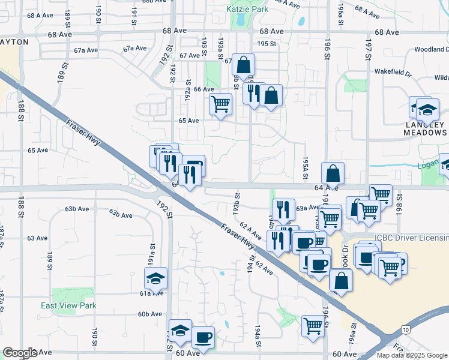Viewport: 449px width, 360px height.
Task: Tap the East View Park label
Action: pyautogui.click(x=68, y=305)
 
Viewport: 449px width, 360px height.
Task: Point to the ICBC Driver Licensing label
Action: pyautogui.click(x=411, y=238)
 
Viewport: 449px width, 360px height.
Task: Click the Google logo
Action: pyautogui.click(x=20, y=353)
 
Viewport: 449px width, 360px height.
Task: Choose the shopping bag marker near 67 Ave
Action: pyautogui.click(x=243, y=65)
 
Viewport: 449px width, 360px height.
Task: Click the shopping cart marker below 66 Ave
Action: pyautogui.click(x=220, y=104)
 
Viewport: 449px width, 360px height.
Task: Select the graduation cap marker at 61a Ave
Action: pyautogui.click(x=155, y=278)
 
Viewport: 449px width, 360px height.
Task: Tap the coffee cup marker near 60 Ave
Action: pyautogui.click(x=202, y=337)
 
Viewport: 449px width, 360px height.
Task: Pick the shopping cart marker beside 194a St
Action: pyautogui.click(x=313, y=326)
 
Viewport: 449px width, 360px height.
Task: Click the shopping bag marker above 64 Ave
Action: pyautogui.click(x=333, y=173)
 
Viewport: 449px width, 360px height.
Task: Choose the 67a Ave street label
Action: pyautogui.click(x=135, y=49)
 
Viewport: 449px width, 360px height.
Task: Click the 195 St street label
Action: pyautogui.click(x=266, y=44)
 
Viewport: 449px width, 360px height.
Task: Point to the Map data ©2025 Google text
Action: pyautogui.click(x=412, y=355)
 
